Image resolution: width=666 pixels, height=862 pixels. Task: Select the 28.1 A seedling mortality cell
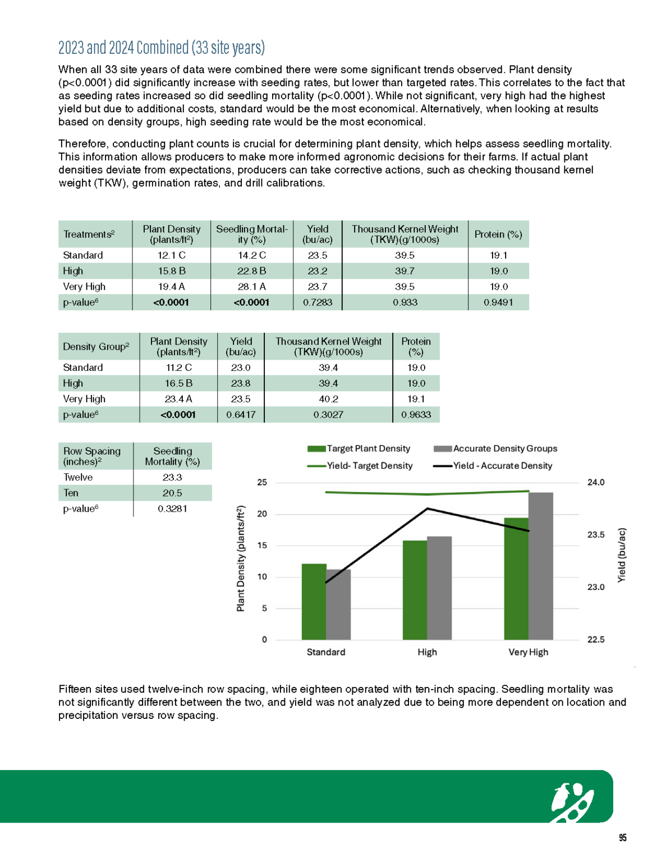tap(251, 287)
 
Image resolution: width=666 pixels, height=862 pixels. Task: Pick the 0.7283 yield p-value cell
tap(317, 302)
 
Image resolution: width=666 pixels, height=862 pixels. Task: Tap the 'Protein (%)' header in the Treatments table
tap(498, 235)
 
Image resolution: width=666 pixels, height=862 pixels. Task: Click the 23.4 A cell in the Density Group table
tap(178, 399)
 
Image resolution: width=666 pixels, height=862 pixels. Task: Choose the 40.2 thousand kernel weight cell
tap(328, 399)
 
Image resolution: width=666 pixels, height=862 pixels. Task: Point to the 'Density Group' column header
tap(96, 347)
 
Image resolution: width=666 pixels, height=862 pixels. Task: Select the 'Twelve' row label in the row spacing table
tap(78, 478)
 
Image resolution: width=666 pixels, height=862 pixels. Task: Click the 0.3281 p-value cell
tap(172, 509)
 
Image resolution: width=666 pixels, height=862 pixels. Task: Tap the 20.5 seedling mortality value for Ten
tap(172, 493)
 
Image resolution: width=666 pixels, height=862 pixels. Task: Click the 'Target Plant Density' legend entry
tap(359, 449)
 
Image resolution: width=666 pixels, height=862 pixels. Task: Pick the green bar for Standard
tap(314, 602)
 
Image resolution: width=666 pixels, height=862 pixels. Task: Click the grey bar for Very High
tap(540, 566)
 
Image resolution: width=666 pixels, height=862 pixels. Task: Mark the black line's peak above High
tap(428, 508)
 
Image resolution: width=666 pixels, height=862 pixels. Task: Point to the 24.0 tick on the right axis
tap(595, 483)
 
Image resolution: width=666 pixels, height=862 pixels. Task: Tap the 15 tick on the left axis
tap(262, 545)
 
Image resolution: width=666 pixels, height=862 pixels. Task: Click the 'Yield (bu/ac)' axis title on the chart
tap(621, 555)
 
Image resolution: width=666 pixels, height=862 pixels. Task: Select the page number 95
tap(622, 838)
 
